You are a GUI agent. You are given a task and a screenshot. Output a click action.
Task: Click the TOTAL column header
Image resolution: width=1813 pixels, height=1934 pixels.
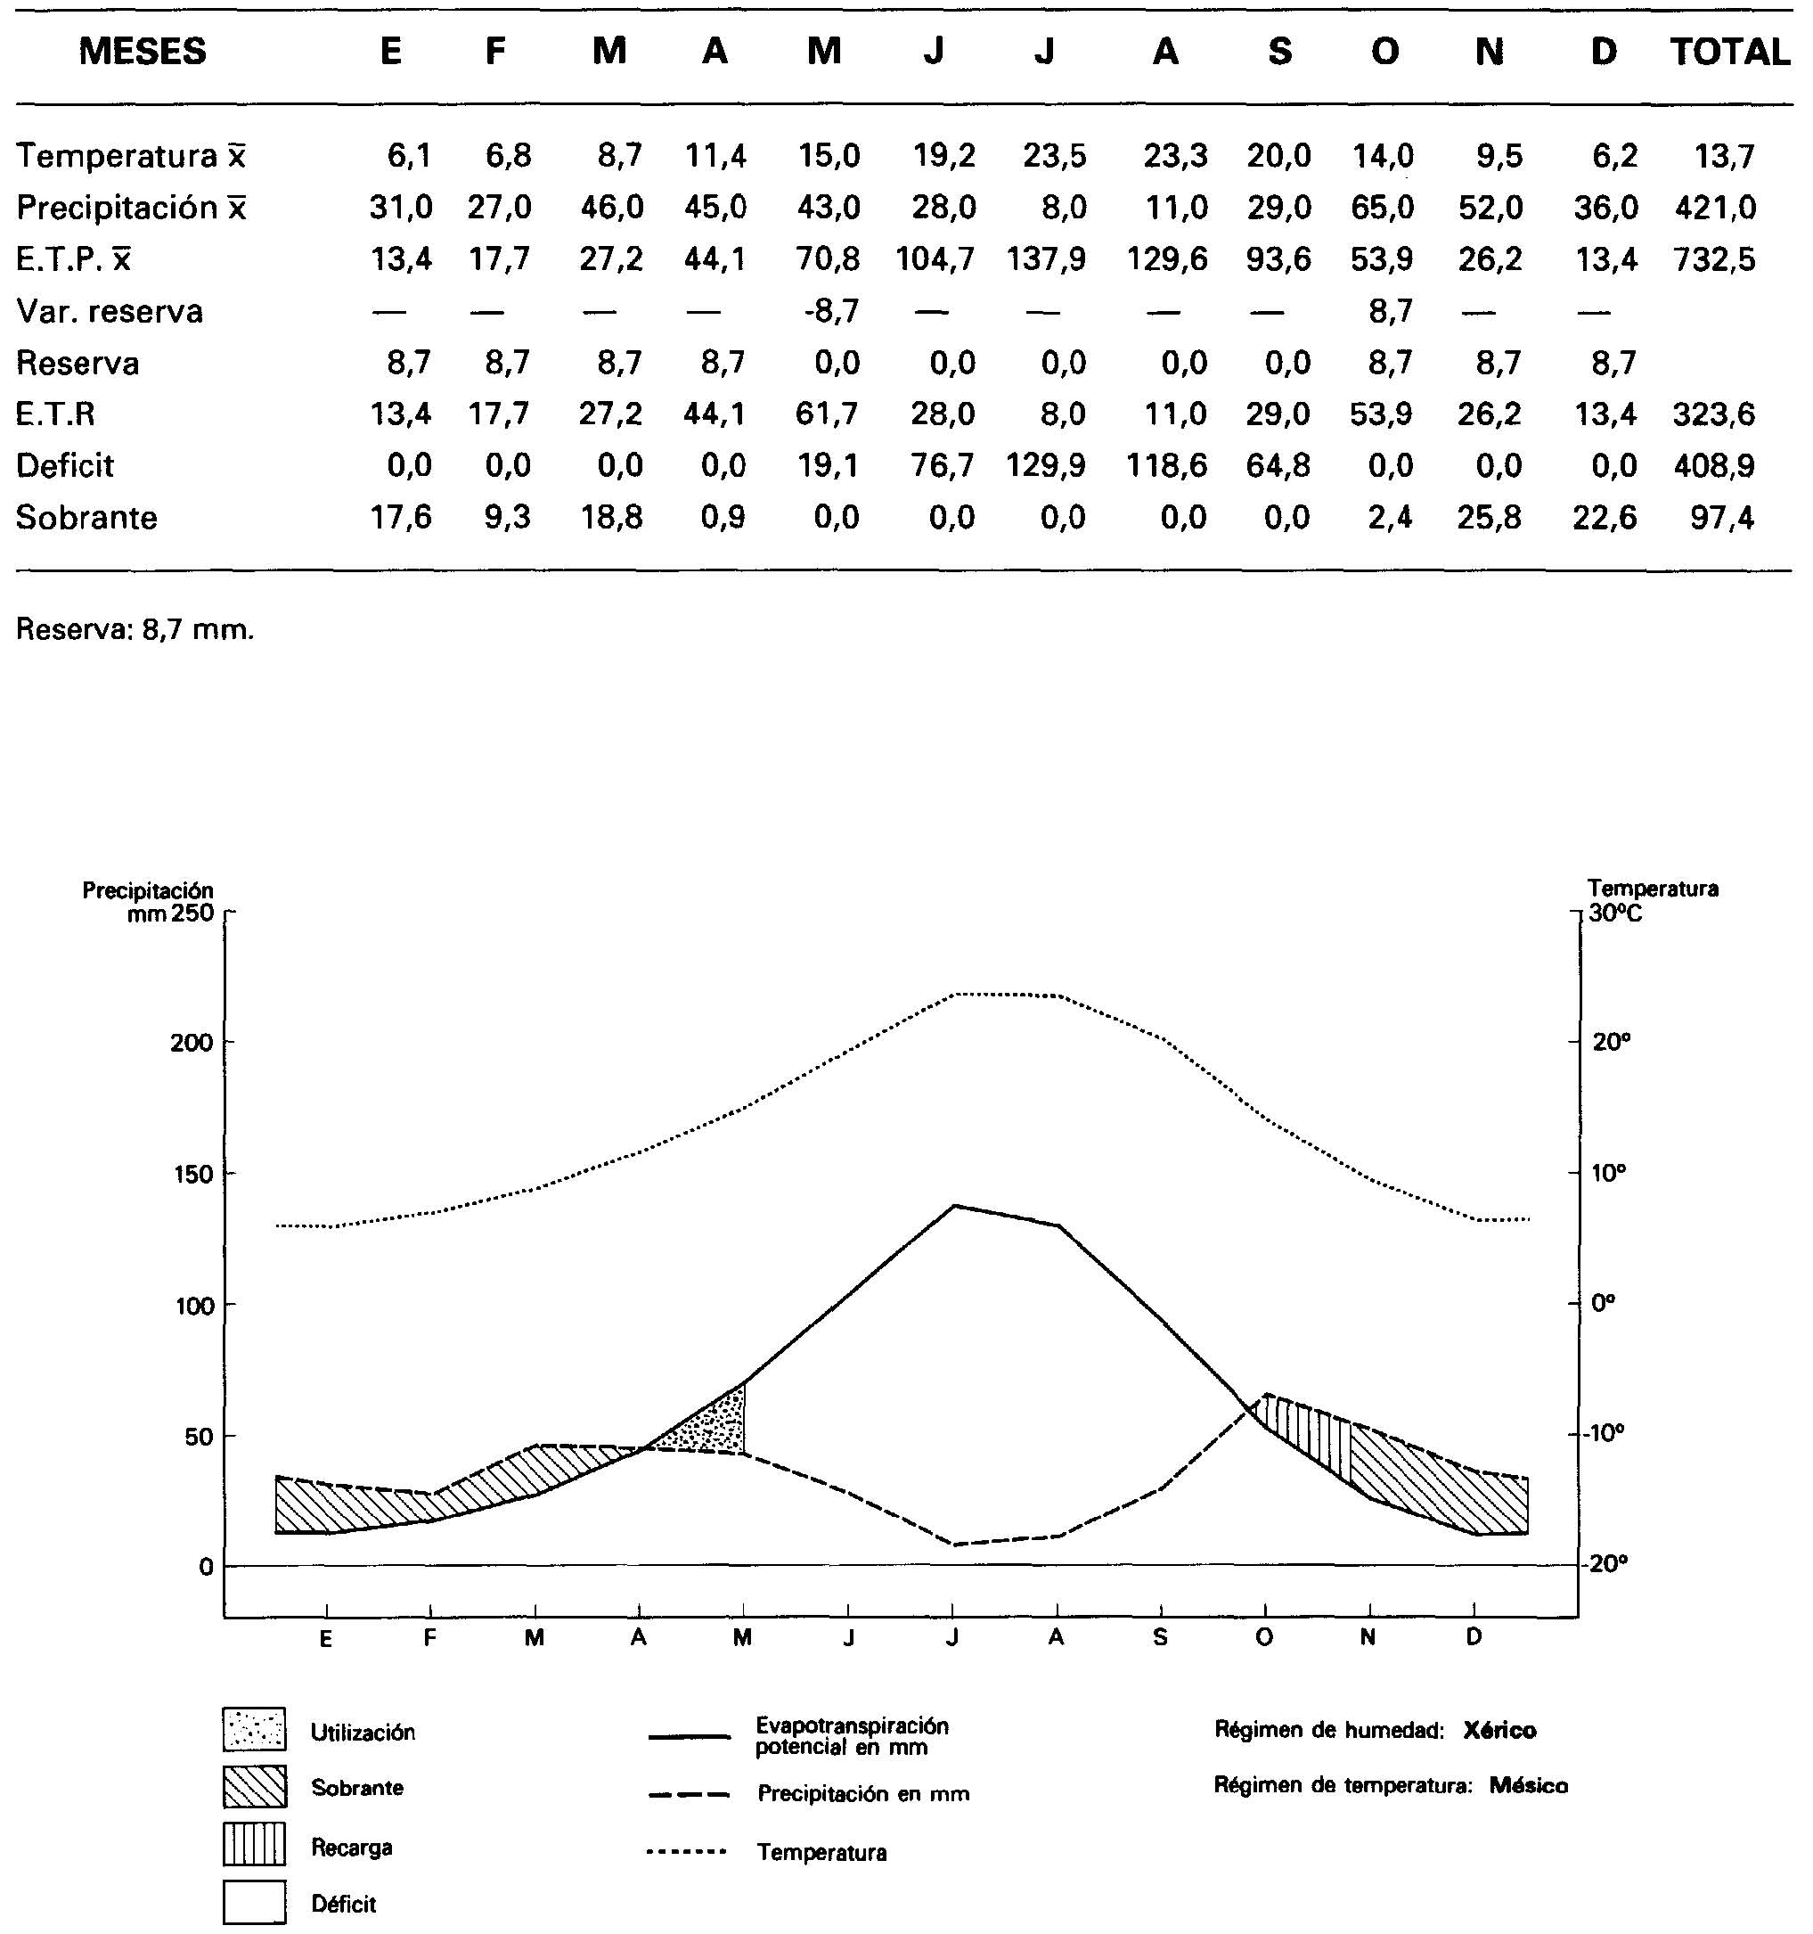coord(1729,52)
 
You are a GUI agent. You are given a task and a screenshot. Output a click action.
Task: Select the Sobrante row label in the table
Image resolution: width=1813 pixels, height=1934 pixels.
coord(86,518)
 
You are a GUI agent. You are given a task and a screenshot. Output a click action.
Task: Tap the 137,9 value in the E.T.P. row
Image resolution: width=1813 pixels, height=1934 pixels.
coord(1046,259)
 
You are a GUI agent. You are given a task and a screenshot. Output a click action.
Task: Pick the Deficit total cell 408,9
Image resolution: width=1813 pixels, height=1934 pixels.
coord(1714,466)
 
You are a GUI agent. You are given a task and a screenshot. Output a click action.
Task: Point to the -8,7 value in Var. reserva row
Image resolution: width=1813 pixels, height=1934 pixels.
coord(831,311)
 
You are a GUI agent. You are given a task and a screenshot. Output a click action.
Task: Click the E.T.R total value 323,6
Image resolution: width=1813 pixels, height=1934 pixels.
coord(1714,414)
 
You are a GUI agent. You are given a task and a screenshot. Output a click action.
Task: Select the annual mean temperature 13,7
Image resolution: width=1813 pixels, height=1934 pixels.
coord(1724,156)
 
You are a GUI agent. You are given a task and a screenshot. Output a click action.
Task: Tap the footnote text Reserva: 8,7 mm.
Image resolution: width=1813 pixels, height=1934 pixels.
coord(135,630)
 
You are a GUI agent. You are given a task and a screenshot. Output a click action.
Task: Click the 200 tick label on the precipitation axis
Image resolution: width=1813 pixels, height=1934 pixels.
coord(191,1043)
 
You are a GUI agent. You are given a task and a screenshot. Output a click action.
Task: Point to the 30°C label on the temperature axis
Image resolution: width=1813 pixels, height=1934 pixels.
coord(1615,913)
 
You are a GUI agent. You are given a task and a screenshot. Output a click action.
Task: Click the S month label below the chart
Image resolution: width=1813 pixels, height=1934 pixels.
coord(1160,1637)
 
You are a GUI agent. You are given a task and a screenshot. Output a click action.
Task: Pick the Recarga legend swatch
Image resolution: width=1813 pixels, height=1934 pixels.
coord(254,1843)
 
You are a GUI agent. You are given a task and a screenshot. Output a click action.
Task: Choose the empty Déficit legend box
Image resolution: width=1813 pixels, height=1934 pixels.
coord(254,1902)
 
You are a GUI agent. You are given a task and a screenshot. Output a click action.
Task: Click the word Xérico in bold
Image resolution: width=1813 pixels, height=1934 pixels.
coord(1499,1730)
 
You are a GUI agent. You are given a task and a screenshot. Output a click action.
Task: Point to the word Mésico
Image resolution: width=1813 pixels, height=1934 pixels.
coord(1528,1785)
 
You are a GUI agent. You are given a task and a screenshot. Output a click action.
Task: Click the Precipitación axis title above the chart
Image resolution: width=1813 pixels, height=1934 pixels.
coord(148,890)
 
